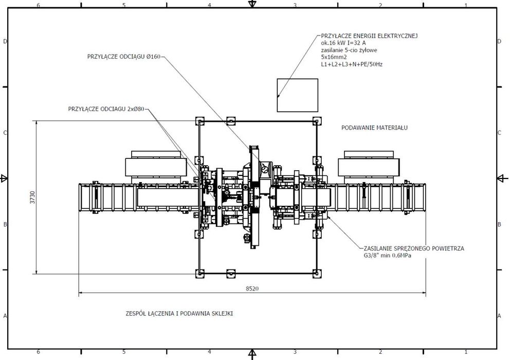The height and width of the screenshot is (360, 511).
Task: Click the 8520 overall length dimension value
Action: point(252,289)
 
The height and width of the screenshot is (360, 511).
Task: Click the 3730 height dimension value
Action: point(32,197)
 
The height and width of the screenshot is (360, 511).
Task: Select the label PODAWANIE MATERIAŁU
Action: point(374,128)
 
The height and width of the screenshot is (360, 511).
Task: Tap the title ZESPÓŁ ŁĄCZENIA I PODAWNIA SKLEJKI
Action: point(179,314)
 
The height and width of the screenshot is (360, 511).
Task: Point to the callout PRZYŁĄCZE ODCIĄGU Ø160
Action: point(124,57)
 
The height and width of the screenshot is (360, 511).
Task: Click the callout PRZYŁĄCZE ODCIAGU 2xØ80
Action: point(106,109)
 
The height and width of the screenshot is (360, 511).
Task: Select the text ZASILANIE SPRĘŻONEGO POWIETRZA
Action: point(414,248)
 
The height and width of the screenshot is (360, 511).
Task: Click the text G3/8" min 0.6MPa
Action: point(388,256)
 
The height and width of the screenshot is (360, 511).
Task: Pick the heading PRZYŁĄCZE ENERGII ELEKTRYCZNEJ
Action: point(369,36)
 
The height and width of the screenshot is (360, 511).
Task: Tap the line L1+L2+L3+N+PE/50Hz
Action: point(352,64)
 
